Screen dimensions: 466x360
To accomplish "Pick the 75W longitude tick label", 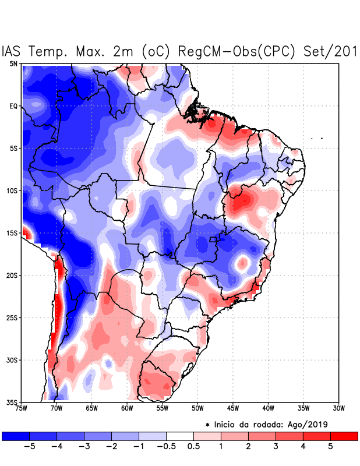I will point(22,408).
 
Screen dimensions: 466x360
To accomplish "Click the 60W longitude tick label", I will point(126,408).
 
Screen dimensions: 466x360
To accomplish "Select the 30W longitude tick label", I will point(338,408).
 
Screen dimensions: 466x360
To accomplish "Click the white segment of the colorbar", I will point(180,435).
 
